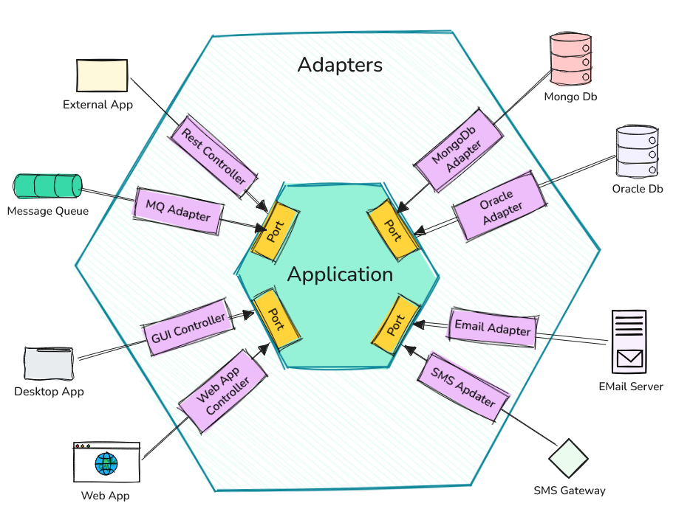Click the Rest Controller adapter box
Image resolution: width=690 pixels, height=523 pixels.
214,156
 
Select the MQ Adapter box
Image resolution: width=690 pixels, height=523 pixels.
178,211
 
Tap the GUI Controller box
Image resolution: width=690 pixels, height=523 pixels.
188,327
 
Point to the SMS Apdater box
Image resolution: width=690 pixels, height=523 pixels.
463,387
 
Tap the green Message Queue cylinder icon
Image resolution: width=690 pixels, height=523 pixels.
47,185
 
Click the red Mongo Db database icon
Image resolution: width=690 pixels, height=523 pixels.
571,60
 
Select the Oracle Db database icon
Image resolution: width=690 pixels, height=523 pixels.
636,152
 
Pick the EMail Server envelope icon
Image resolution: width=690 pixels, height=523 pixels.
629,359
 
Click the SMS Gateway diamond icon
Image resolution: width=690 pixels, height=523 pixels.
568,458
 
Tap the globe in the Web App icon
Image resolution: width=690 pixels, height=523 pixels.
106,464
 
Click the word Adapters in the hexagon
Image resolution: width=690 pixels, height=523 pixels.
340,65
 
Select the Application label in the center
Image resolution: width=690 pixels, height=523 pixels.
340,274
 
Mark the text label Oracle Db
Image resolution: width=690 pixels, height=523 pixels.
638,189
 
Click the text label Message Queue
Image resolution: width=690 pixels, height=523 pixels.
47,212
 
